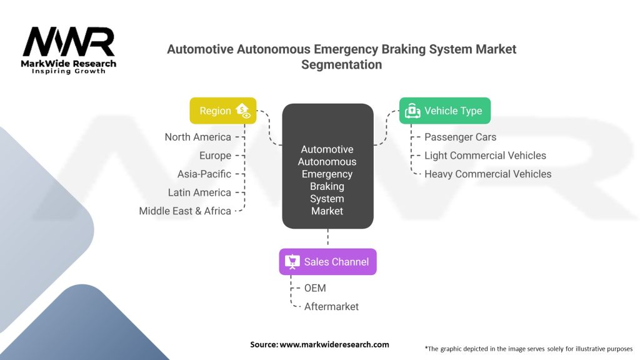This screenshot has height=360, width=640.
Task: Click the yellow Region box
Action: tap(222, 111)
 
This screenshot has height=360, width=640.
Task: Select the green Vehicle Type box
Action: tap(444, 111)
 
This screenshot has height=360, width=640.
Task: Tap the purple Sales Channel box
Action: tap(327, 262)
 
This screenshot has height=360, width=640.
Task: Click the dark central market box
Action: tap(327, 166)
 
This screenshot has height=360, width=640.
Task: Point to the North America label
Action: tap(197, 137)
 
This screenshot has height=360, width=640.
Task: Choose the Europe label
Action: tap(215, 156)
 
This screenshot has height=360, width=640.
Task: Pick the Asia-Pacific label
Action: tap(204, 174)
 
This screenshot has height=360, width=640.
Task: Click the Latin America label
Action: tap(199, 192)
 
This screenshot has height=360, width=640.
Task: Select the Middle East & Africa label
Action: tap(185, 211)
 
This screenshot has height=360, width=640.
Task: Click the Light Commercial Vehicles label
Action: tap(485, 156)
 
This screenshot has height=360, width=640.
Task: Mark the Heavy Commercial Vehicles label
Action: tap(487, 174)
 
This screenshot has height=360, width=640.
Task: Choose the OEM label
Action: tap(315, 288)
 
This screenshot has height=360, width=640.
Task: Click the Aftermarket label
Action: tap(331, 306)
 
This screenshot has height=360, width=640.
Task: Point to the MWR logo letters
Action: tap(68, 42)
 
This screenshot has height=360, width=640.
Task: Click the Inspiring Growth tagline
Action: tap(69, 71)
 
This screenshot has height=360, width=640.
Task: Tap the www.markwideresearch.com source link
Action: tap(334, 344)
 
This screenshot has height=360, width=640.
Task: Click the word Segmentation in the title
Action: tap(341, 64)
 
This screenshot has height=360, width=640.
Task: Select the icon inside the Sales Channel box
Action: tap(292, 262)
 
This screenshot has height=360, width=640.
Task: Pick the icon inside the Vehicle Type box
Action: tap(412, 111)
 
